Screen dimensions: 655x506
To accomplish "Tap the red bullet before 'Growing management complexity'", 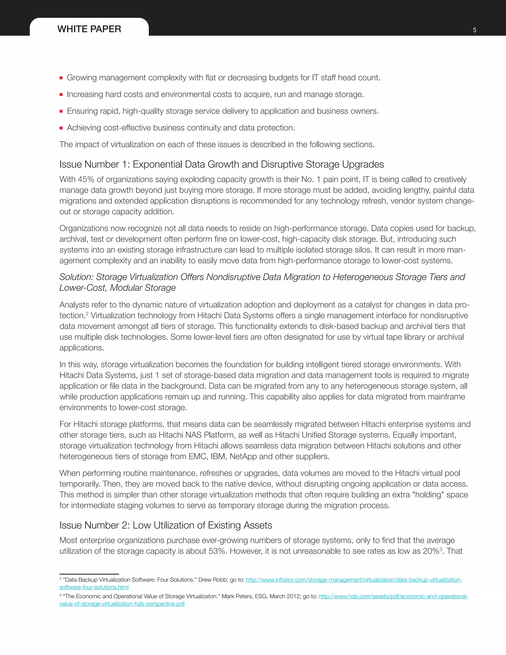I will pos(61,78).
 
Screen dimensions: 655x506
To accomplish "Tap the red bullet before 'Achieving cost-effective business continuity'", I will pos(61,128).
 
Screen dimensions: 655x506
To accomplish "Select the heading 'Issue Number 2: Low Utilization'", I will pos(166,525).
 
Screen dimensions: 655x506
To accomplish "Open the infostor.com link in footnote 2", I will pos(354,580).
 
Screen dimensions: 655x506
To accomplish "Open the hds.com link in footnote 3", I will pos(393,596).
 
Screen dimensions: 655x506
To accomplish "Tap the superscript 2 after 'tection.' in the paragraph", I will pos(87,314).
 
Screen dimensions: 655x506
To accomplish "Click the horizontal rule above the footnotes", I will pos(89,574).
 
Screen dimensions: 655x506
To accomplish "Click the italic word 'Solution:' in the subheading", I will pos(76,277).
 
